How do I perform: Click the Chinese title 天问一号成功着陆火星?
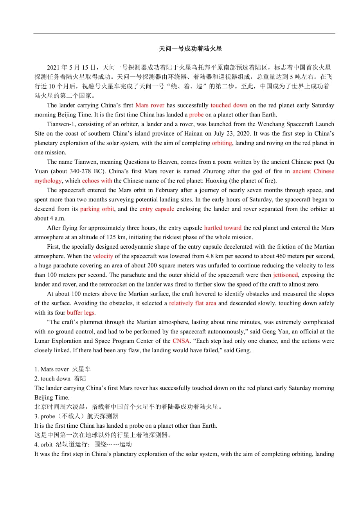click(190, 49)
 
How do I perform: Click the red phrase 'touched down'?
click(229, 105)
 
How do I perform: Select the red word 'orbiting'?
click(222, 143)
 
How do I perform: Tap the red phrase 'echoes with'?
click(97, 181)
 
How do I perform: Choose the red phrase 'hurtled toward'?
click(223, 228)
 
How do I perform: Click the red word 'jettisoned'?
click(285, 275)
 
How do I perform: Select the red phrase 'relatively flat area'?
click(193, 303)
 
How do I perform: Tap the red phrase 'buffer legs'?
click(81, 312)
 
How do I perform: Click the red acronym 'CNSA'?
click(181, 341)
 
